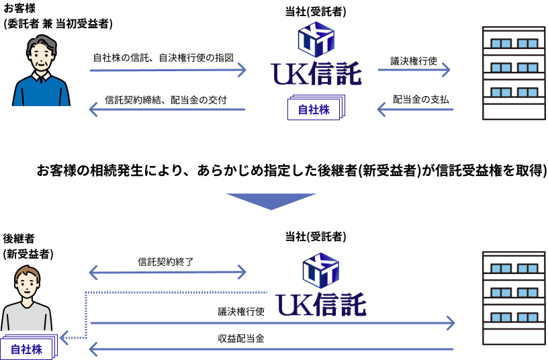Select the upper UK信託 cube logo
(316, 39)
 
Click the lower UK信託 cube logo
(320, 270)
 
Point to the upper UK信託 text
(316, 75)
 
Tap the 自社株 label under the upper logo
(314, 109)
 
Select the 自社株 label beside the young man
(26, 349)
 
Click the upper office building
(514, 73)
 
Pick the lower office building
(514, 298)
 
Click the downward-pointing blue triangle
(271, 201)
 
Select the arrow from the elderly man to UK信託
(168, 70)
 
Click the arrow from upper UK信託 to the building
(414, 69)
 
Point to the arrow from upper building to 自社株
(414, 109)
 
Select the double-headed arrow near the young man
(167, 272)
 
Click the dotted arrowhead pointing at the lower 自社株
(64, 337)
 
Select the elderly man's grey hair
(42, 42)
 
